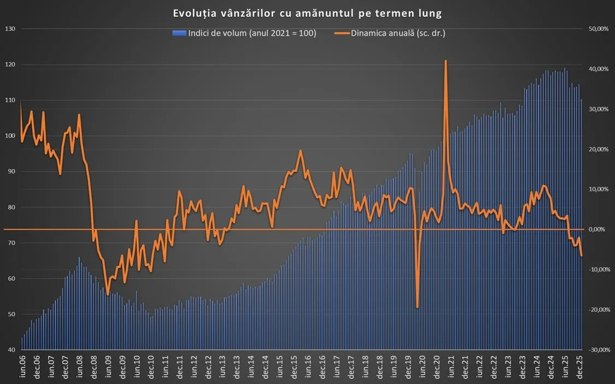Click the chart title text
(307, 13)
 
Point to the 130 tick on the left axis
(9, 29)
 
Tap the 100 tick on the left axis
(9, 136)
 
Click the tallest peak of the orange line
(446, 61)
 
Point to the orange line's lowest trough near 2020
(417, 308)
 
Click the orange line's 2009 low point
(108, 294)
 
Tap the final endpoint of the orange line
(582, 256)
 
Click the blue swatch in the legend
(179, 33)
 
